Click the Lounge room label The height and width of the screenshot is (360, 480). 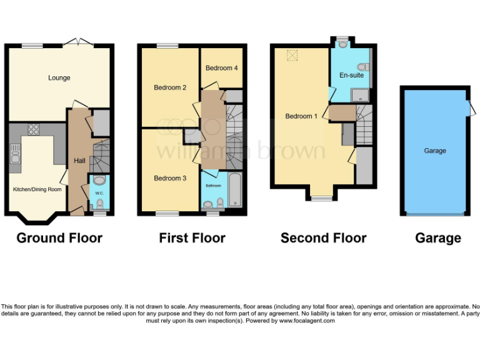(59, 78)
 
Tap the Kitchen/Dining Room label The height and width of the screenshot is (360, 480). (37, 189)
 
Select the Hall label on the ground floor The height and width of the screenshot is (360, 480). (80, 161)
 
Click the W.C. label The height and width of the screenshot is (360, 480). (99, 193)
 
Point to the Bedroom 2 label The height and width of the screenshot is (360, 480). (170, 88)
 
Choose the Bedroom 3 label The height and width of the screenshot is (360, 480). (170, 179)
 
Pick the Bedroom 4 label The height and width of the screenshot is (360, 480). (221, 68)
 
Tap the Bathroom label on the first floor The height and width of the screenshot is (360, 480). (211, 185)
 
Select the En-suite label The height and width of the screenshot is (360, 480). (351, 76)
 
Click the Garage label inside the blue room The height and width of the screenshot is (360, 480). (435, 151)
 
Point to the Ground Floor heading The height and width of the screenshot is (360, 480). (59, 237)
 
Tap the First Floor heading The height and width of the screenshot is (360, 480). (192, 237)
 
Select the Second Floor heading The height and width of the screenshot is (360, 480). (323, 237)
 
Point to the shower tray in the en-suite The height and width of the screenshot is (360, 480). (361, 94)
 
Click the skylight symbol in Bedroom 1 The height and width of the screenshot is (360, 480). (292, 56)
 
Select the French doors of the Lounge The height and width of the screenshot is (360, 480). (77, 42)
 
